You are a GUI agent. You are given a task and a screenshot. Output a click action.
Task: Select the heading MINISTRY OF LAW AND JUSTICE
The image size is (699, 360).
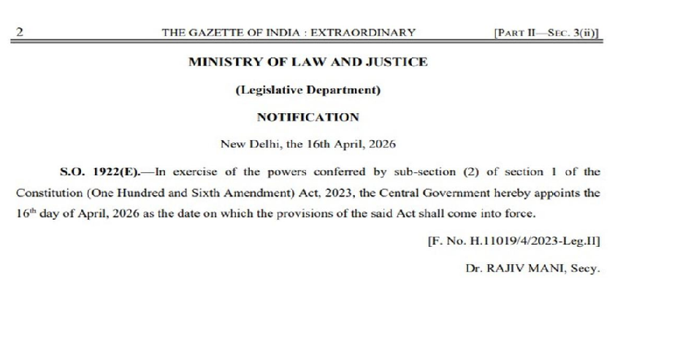click(x=308, y=62)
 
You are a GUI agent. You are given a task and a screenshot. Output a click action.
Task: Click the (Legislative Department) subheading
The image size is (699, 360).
click(x=308, y=90)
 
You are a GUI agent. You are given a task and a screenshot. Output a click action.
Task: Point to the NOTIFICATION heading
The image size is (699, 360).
click(x=308, y=117)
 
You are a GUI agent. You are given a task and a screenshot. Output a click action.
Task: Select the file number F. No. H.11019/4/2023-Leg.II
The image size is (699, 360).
click(x=513, y=242)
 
